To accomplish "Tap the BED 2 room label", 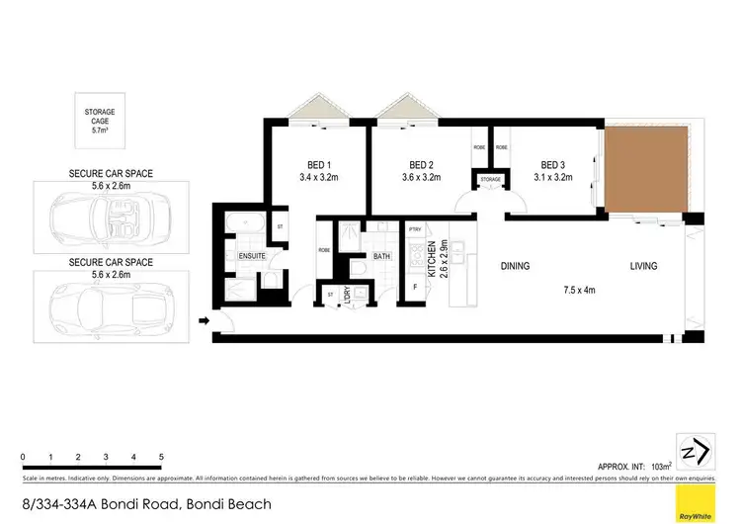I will (x=423, y=164).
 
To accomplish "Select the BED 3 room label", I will (x=555, y=164).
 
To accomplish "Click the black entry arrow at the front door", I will (x=205, y=320).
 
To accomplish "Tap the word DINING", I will (x=515, y=266).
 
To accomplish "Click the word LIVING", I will (x=648, y=266).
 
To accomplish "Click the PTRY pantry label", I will (x=415, y=230).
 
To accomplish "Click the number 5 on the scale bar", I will (x=161, y=457).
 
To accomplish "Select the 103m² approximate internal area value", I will (x=660, y=464).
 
